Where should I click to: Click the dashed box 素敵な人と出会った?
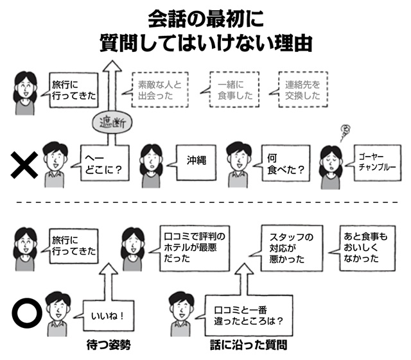(x=159, y=90)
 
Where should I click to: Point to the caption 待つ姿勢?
(x=109, y=344)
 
